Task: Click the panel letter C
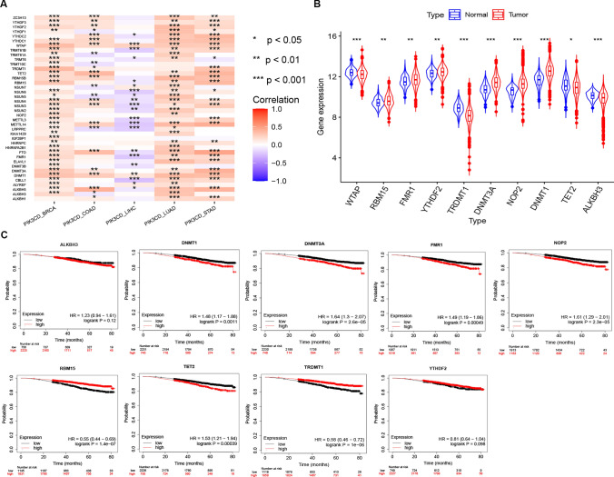pos(7,231)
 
